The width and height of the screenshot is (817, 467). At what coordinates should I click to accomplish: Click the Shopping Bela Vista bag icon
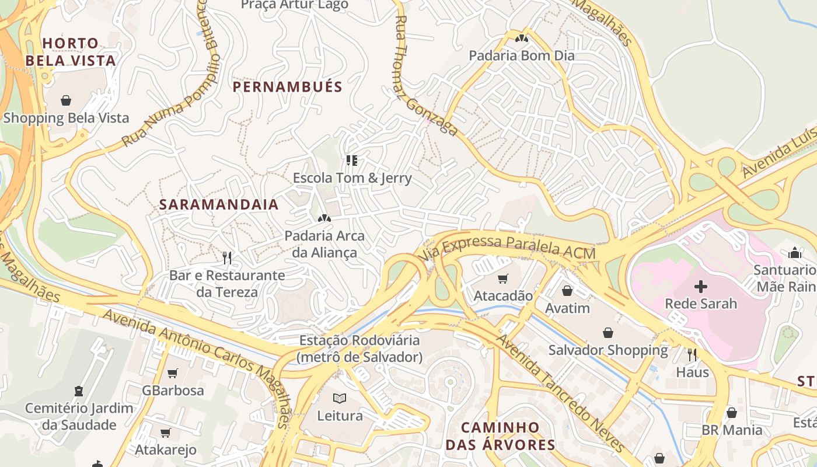tap(66, 100)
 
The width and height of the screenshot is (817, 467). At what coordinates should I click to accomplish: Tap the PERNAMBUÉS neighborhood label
tap(287, 87)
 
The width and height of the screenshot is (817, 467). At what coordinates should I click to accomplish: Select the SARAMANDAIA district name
tap(219, 205)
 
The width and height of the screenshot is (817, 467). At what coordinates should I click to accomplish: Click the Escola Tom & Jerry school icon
tap(352, 160)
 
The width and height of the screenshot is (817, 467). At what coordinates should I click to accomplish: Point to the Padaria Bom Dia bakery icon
tap(521, 39)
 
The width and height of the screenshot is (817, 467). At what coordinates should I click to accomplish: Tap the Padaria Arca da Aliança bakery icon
tap(324, 218)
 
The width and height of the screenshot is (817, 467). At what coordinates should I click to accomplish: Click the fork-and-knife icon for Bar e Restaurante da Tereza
tap(227, 257)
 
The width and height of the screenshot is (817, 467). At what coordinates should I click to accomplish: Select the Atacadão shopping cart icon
tap(502, 278)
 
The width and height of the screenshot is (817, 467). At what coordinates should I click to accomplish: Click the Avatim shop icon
tap(567, 290)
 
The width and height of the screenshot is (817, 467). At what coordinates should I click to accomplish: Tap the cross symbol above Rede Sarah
tap(701, 286)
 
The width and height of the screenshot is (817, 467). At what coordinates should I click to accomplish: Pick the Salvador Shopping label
tap(607, 350)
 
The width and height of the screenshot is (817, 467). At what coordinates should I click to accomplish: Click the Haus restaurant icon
tap(692, 354)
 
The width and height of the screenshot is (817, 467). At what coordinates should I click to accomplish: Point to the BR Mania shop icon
tap(732, 413)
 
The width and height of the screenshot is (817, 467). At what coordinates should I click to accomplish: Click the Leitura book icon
tap(340, 398)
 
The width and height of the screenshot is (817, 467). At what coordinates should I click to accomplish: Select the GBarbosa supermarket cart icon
tap(173, 372)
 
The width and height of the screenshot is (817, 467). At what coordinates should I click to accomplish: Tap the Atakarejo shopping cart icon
tap(166, 433)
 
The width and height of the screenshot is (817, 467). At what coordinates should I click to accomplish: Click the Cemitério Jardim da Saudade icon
tap(79, 391)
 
